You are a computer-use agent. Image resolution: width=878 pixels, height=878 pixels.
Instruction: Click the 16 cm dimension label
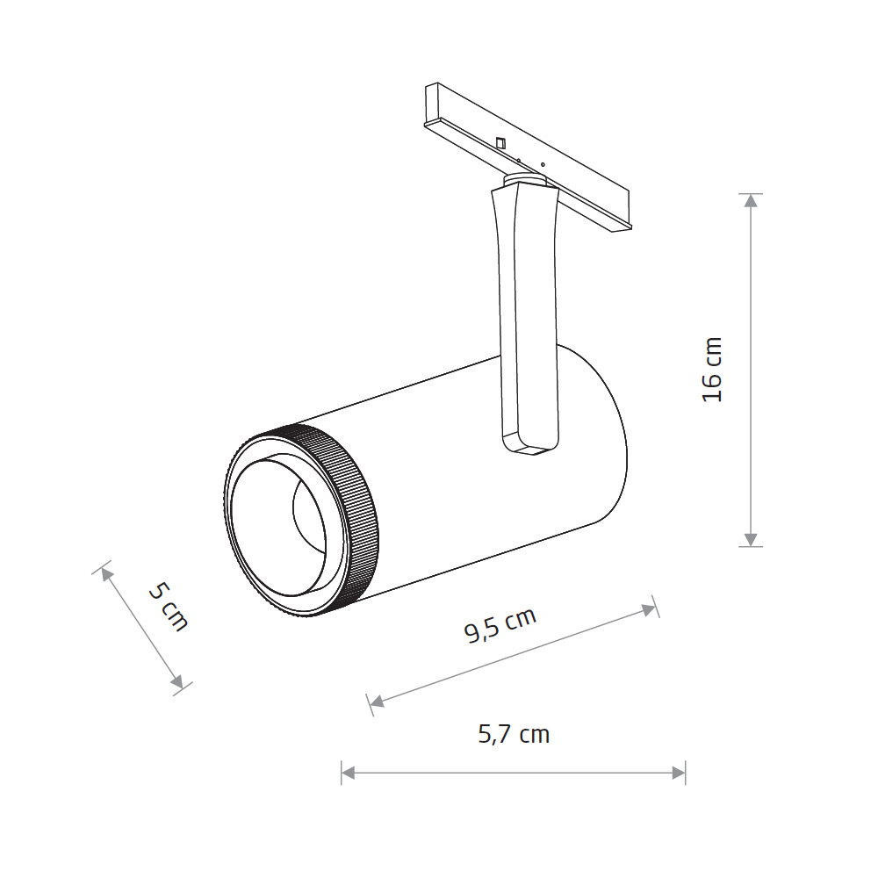(712, 369)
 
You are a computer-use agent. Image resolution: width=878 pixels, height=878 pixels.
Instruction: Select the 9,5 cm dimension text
(500, 624)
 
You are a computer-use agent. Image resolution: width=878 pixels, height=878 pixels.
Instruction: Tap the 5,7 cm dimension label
(514, 734)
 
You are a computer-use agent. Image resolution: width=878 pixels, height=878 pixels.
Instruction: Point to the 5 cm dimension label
(168, 607)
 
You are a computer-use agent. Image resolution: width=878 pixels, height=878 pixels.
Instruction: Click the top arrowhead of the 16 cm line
(751, 200)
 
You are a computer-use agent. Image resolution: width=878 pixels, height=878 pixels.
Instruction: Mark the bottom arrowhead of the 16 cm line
(751, 539)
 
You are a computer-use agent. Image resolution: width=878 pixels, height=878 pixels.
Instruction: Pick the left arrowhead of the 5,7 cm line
(348, 774)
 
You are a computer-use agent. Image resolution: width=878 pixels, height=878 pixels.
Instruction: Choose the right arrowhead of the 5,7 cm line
(679, 774)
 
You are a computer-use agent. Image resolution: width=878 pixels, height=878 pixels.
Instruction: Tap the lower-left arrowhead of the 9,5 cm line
(377, 702)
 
